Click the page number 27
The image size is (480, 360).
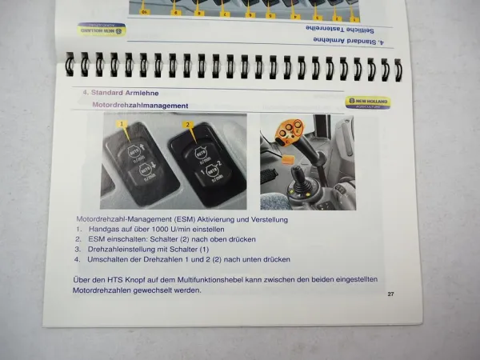click(390, 294)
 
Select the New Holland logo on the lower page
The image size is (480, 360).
click(369, 102)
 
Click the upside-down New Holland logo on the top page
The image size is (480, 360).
click(102, 29)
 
